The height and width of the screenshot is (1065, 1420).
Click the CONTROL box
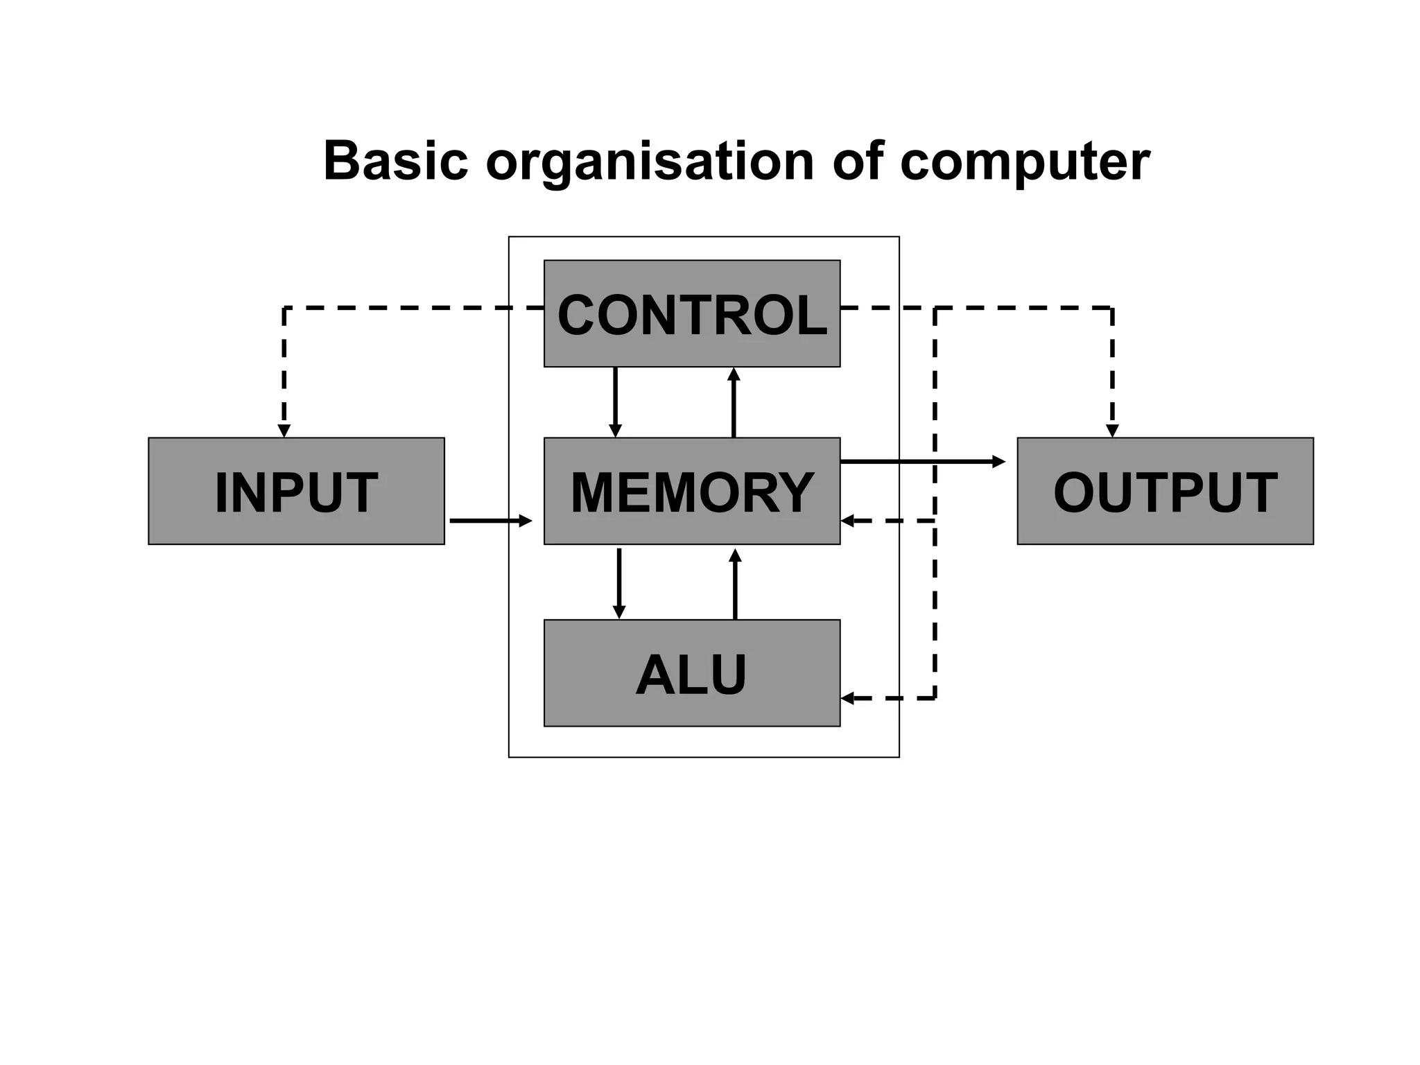click(x=691, y=314)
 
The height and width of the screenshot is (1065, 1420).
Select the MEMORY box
click(x=691, y=491)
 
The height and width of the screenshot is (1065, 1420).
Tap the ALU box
click(x=691, y=673)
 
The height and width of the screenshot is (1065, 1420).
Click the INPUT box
click(x=296, y=491)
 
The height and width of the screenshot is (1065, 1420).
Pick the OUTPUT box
click(x=1165, y=491)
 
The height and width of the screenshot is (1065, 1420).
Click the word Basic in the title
click(x=395, y=161)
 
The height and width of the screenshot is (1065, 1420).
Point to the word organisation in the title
click(x=650, y=161)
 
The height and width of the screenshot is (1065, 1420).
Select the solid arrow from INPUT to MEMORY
click(x=490, y=520)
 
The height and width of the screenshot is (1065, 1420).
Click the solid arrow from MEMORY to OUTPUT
click(x=922, y=461)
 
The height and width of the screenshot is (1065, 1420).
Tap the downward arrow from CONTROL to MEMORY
click(x=615, y=402)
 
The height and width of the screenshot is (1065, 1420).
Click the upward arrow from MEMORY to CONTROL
click(x=734, y=402)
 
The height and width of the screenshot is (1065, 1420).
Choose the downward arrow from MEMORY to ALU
click(x=619, y=582)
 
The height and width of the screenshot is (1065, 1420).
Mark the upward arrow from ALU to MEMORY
click(x=735, y=582)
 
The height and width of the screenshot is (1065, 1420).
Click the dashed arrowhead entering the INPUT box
click(x=284, y=431)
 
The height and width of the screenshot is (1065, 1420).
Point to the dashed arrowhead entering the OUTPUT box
click(x=1112, y=431)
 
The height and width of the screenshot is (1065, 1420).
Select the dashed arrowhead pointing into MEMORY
click(x=847, y=521)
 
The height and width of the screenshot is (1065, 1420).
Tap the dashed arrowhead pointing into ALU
click(x=847, y=698)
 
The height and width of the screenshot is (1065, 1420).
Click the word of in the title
click(x=857, y=161)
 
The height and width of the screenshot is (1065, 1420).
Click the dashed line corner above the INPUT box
click(x=284, y=308)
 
